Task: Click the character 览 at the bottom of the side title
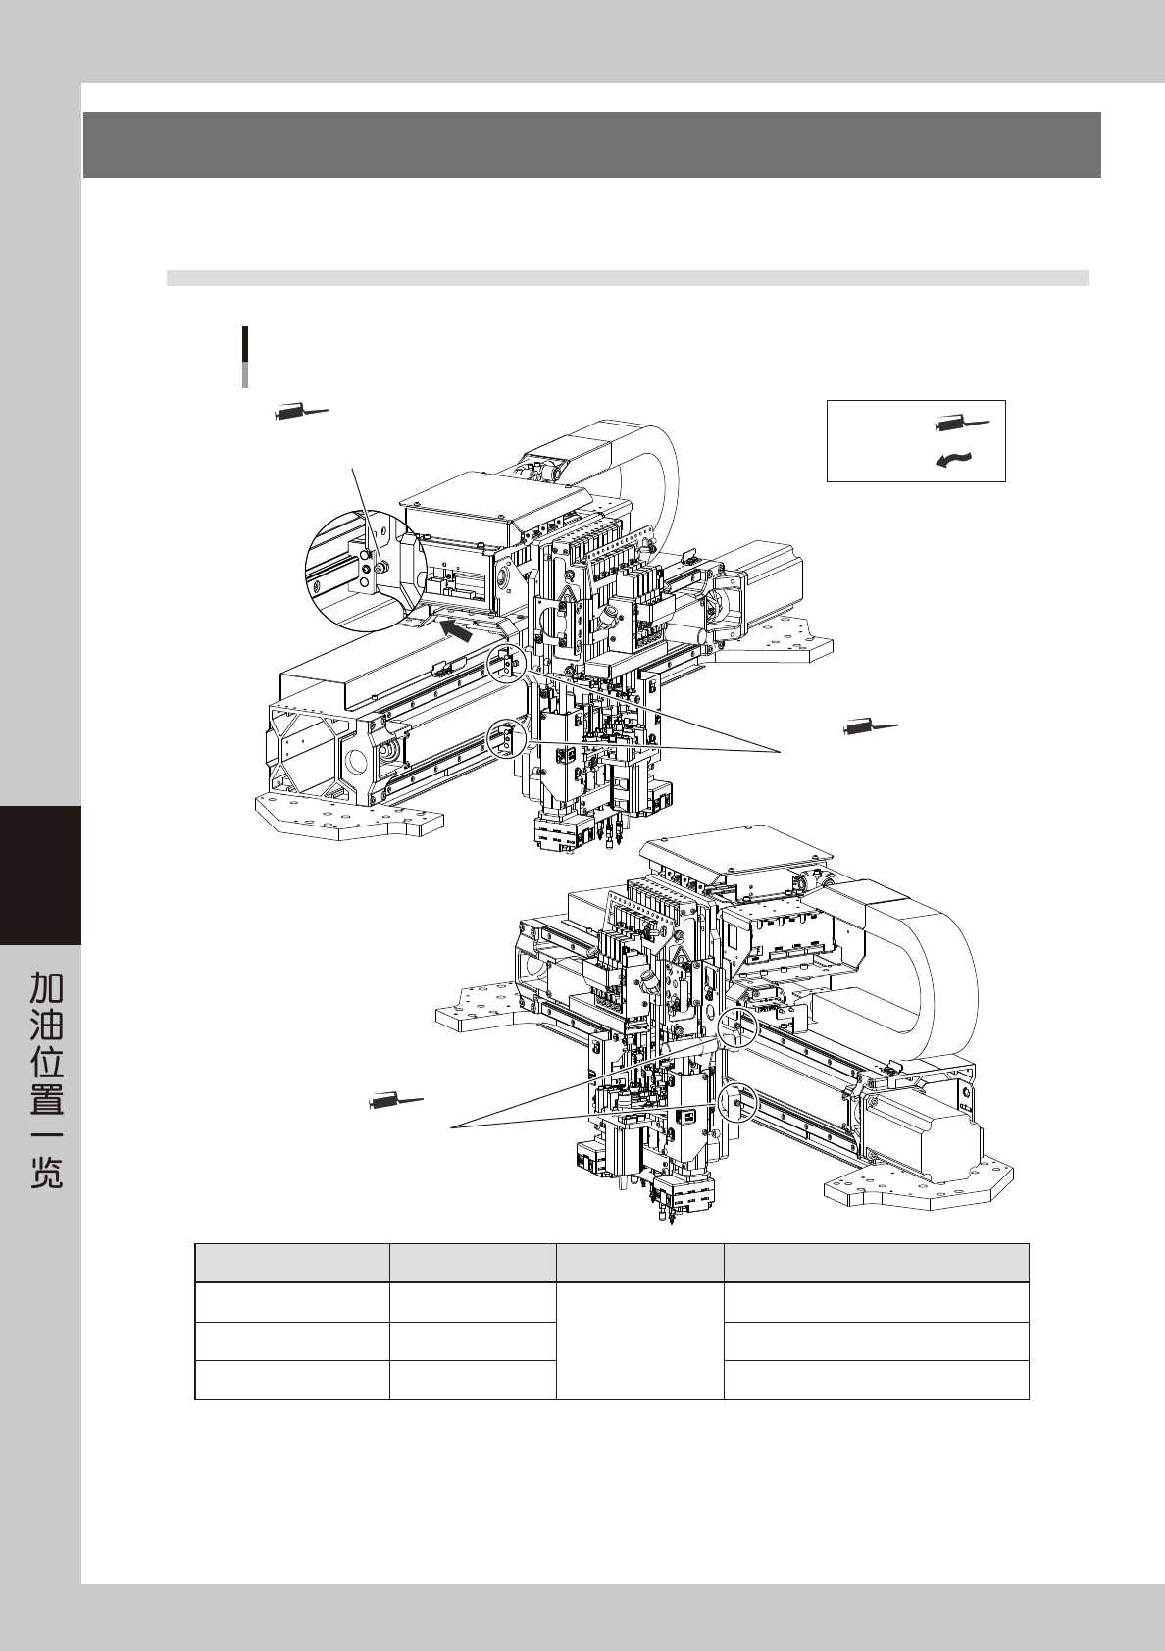click(x=47, y=1173)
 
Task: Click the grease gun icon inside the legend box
click(x=962, y=424)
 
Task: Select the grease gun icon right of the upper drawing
click(x=869, y=727)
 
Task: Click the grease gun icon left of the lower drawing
click(x=395, y=1102)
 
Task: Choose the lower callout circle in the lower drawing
click(x=735, y=1102)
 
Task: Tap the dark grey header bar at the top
click(x=591, y=144)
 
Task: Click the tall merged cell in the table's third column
click(x=639, y=1339)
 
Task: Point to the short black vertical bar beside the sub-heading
click(x=244, y=345)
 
